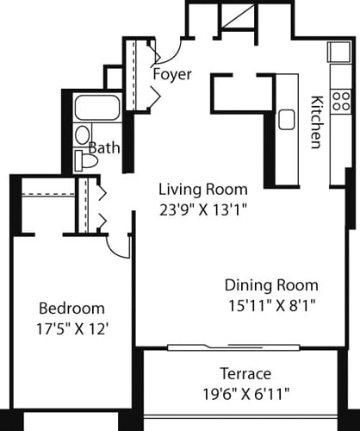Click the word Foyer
pos(172,74)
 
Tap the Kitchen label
pos(315,121)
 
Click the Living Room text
pos(202,189)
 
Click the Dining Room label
pos(271,285)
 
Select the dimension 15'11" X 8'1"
pos(271,304)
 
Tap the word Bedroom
pos(72,308)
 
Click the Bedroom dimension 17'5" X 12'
pos(72,328)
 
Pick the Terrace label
pos(245,373)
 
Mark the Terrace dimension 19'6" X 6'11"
pos(245,393)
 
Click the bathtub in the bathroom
pos(97,109)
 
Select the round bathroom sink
pos(83,134)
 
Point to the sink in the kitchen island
pos(286,118)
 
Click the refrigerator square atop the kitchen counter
pos(336,51)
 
